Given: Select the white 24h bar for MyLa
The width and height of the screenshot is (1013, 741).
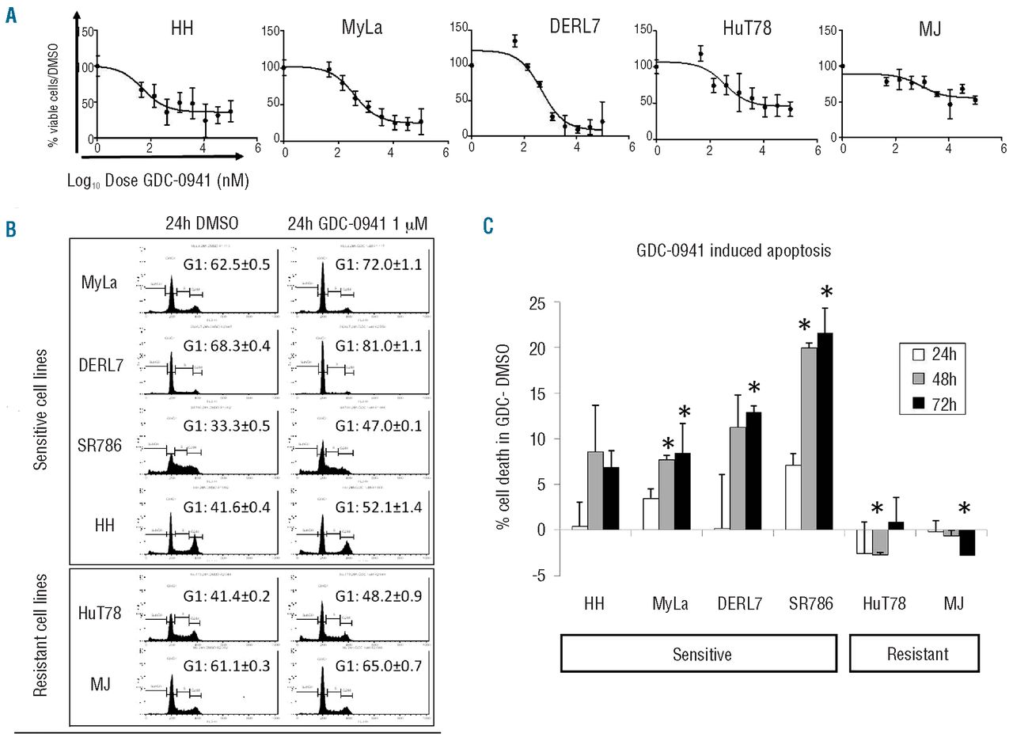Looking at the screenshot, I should pyautogui.click(x=651, y=514).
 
